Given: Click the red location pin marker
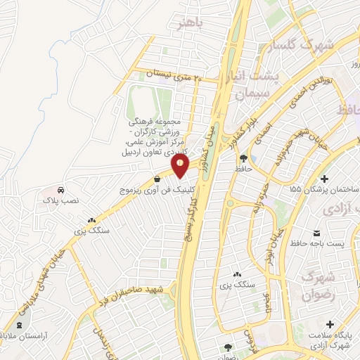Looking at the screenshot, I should [x=181, y=166].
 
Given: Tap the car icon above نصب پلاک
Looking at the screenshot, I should [x=61, y=190].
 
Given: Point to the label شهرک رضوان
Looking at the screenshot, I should [x=316, y=286].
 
